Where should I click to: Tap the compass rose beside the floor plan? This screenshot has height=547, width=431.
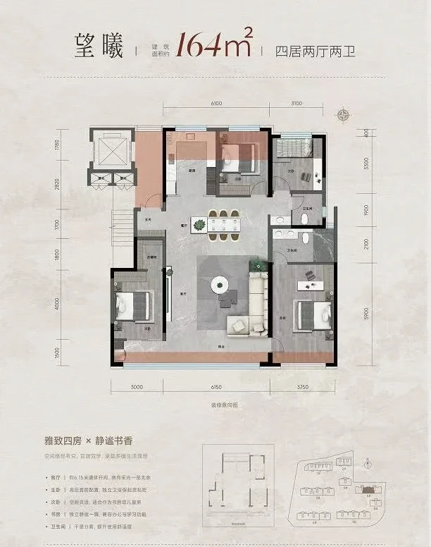click(344, 116)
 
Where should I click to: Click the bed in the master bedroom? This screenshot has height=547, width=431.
click(309, 312)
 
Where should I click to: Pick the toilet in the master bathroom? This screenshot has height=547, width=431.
click(304, 219)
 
